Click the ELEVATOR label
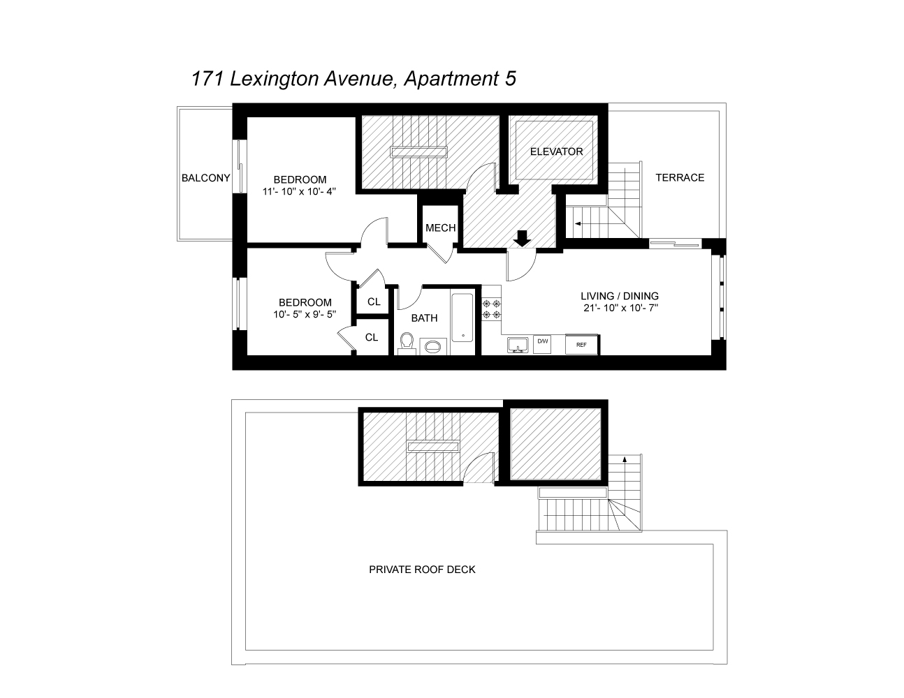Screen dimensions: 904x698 click(x=556, y=151)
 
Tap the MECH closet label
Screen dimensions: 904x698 click(x=440, y=228)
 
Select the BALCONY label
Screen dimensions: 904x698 click(x=205, y=178)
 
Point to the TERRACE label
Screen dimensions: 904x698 click(x=680, y=177)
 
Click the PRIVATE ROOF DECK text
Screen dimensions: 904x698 click(x=422, y=570)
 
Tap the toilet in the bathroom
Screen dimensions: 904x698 click(x=407, y=343)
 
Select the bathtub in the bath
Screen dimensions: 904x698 click(x=462, y=318)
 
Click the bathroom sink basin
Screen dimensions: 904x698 click(x=433, y=345)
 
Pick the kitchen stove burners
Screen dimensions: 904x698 click(x=490, y=309)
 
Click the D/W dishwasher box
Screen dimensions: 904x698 click(x=542, y=341)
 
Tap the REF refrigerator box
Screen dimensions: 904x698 click(x=581, y=344)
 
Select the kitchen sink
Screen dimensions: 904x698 click(x=518, y=344)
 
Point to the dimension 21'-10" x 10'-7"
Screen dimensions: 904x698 click(x=620, y=308)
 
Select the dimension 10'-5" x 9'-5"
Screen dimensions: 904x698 click(x=305, y=314)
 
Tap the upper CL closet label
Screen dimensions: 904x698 click(x=374, y=302)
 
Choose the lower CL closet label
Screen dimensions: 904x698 click(x=372, y=337)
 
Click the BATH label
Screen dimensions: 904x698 click(x=424, y=318)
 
